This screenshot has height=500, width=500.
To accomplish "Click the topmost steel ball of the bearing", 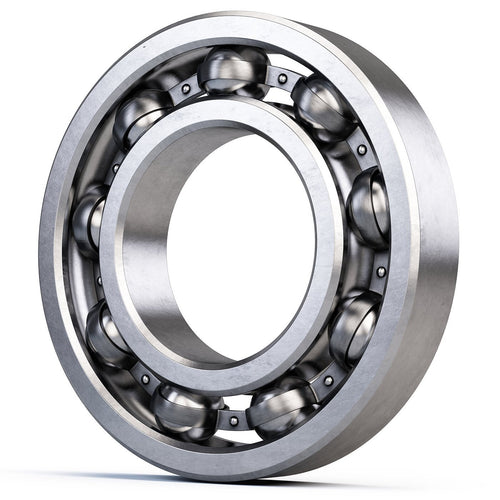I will click(232, 70).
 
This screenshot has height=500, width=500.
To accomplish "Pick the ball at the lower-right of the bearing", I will click(353, 325).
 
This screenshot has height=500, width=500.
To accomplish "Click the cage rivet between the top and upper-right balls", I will click(282, 78).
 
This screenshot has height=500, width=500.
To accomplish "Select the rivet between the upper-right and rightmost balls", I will click(361, 150).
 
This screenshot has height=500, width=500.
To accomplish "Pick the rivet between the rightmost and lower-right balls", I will click(380, 271).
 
